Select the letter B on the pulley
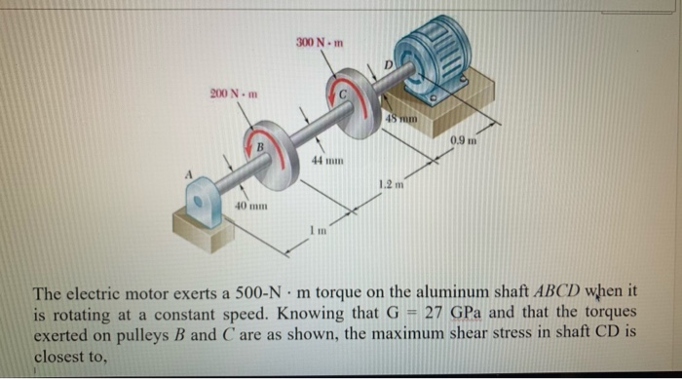pos(259,147)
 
